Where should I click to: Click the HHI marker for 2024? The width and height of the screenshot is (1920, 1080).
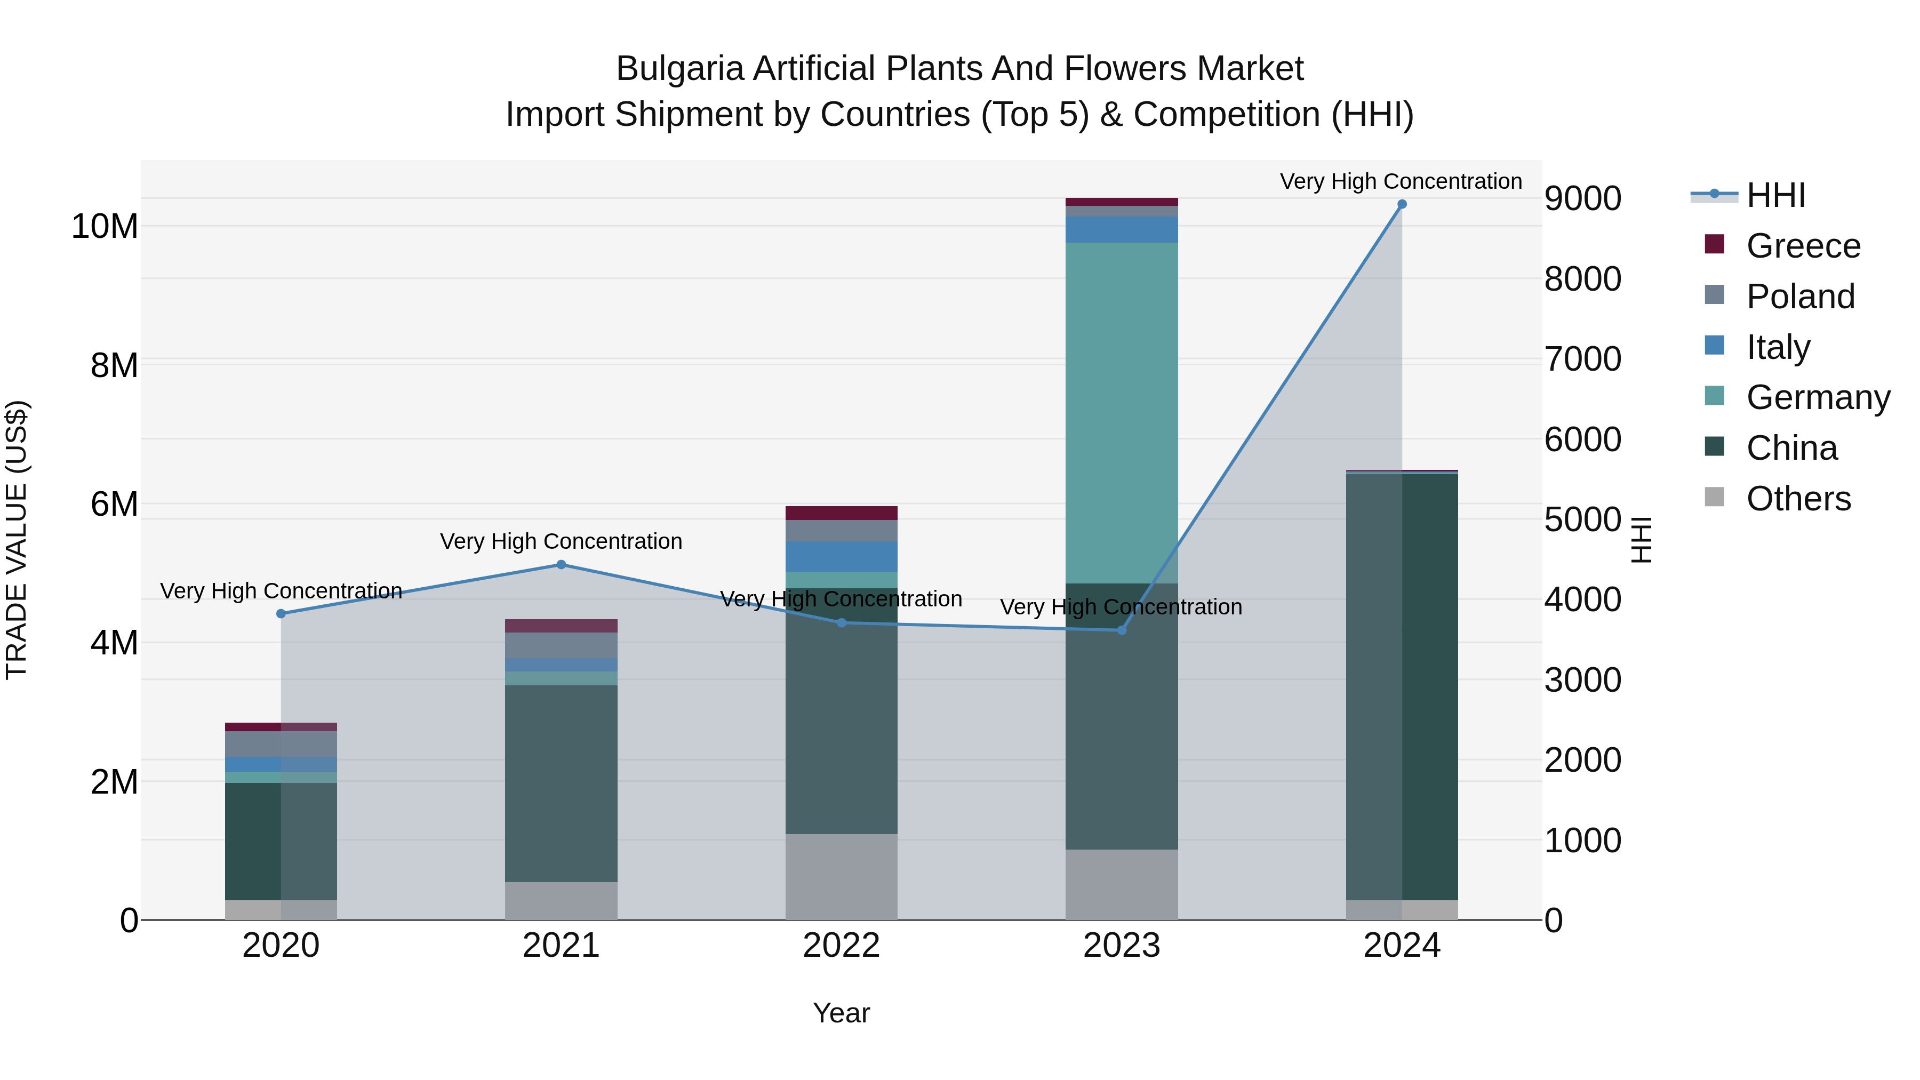click(1401, 204)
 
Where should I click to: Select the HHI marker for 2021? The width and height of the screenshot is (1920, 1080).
click(561, 565)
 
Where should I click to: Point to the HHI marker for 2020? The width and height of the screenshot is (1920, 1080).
click(281, 613)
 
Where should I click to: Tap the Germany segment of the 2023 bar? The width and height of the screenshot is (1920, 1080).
click(1121, 413)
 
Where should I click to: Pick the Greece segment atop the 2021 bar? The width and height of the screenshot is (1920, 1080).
click(561, 626)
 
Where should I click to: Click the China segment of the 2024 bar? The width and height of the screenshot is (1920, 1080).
click(1401, 686)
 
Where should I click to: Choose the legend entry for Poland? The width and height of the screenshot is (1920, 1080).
click(1799, 297)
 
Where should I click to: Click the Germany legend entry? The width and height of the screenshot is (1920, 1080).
click(1817, 397)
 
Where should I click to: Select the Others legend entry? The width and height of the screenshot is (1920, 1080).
click(1798, 499)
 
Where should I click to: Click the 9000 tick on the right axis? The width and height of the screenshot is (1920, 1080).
click(1582, 199)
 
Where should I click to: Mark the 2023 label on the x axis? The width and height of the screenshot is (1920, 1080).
click(1121, 946)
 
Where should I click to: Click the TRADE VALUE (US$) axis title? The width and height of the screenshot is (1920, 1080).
click(17, 540)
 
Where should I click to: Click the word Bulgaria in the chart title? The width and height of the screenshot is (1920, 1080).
click(680, 69)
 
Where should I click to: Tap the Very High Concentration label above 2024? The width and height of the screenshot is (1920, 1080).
click(1401, 181)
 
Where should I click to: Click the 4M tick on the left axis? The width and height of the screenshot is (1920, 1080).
click(114, 643)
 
